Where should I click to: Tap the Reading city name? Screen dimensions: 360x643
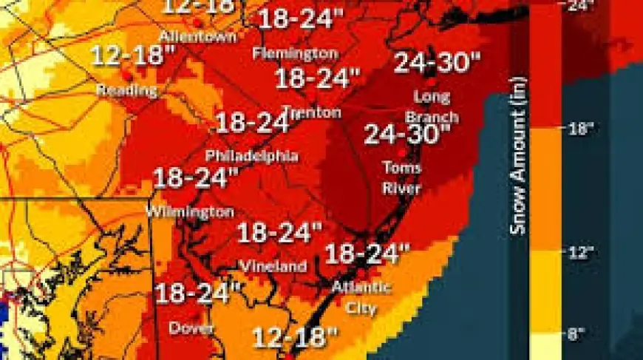(x=127, y=90)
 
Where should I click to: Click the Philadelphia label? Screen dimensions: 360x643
(x=251, y=156)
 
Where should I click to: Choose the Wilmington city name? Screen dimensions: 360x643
(x=190, y=211)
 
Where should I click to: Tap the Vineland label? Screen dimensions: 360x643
(x=272, y=265)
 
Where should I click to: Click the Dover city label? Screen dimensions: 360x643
(x=191, y=327)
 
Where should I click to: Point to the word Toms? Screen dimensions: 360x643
(x=402, y=168)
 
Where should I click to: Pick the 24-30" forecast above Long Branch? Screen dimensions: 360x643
(x=432, y=63)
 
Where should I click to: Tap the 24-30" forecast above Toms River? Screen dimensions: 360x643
(x=407, y=134)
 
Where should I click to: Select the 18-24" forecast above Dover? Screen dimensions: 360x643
(x=199, y=293)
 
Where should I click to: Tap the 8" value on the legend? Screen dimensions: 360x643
(x=576, y=335)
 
